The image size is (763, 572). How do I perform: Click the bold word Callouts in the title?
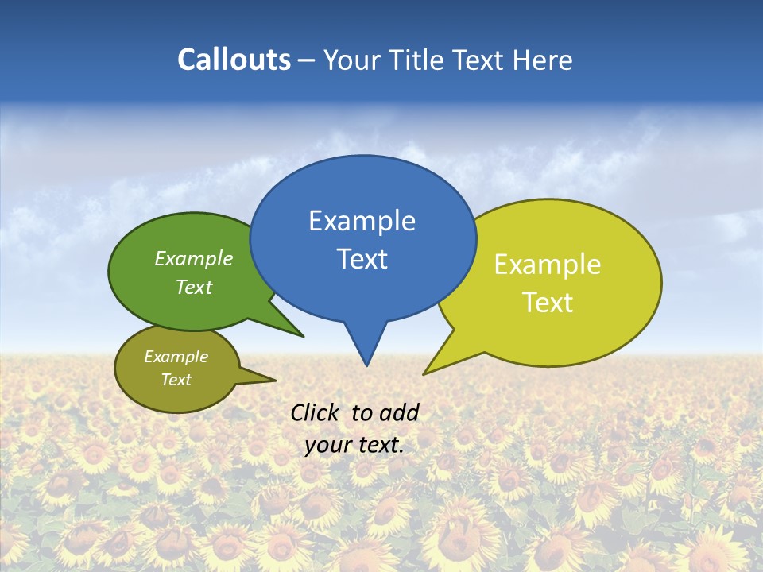(234, 60)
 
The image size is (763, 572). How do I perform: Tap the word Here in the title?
(540, 60)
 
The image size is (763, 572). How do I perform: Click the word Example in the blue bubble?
(362, 221)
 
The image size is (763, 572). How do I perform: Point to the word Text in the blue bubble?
(362, 259)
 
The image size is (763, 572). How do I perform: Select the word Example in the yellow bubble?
(548, 265)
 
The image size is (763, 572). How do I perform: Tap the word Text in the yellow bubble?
(548, 303)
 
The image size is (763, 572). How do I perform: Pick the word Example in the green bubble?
(194, 259)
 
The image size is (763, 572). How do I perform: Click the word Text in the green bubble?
(194, 287)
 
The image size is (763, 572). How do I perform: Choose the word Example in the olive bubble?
(176, 357)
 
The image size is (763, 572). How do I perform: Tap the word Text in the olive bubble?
(176, 380)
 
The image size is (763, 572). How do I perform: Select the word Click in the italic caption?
(314, 412)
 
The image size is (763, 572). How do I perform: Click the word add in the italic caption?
(398, 412)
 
